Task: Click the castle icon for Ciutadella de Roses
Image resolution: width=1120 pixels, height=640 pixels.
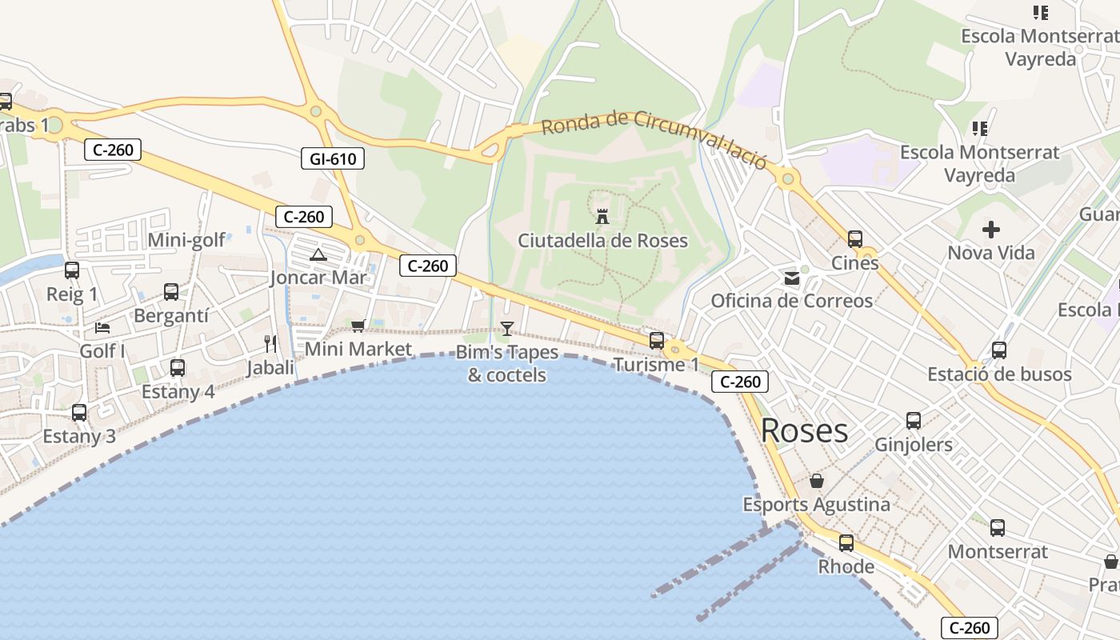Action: click(602, 216)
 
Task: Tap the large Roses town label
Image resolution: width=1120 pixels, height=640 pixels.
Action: click(804, 430)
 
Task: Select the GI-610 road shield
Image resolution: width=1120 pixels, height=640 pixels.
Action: click(333, 158)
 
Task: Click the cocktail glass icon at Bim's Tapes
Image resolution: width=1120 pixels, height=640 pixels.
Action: click(506, 328)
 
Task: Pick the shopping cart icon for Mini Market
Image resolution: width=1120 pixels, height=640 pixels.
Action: click(358, 326)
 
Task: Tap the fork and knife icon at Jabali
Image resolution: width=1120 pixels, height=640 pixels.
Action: click(270, 344)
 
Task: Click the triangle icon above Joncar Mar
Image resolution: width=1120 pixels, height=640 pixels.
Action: click(318, 255)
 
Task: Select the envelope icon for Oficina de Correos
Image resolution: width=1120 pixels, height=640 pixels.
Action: click(791, 278)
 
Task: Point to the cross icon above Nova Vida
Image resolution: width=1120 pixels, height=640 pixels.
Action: click(990, 230)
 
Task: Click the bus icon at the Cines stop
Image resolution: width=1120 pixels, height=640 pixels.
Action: click(854, 238)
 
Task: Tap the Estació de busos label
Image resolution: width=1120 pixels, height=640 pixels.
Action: click(998, 374)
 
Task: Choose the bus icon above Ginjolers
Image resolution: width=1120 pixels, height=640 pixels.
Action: click(913, 421)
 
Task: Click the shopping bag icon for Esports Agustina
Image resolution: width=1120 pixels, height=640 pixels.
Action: click(816, 481)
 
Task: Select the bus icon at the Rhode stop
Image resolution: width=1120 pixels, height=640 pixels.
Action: click(846, 543)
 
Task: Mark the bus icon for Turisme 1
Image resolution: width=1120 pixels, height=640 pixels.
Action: click(656, 341)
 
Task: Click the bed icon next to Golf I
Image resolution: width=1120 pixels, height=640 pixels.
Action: click(102, 327)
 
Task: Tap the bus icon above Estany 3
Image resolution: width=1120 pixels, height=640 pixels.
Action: click(78, 413)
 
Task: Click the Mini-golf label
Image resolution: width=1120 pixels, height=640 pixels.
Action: click(186, 240)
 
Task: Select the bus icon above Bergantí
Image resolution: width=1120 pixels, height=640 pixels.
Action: click(170, 292)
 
